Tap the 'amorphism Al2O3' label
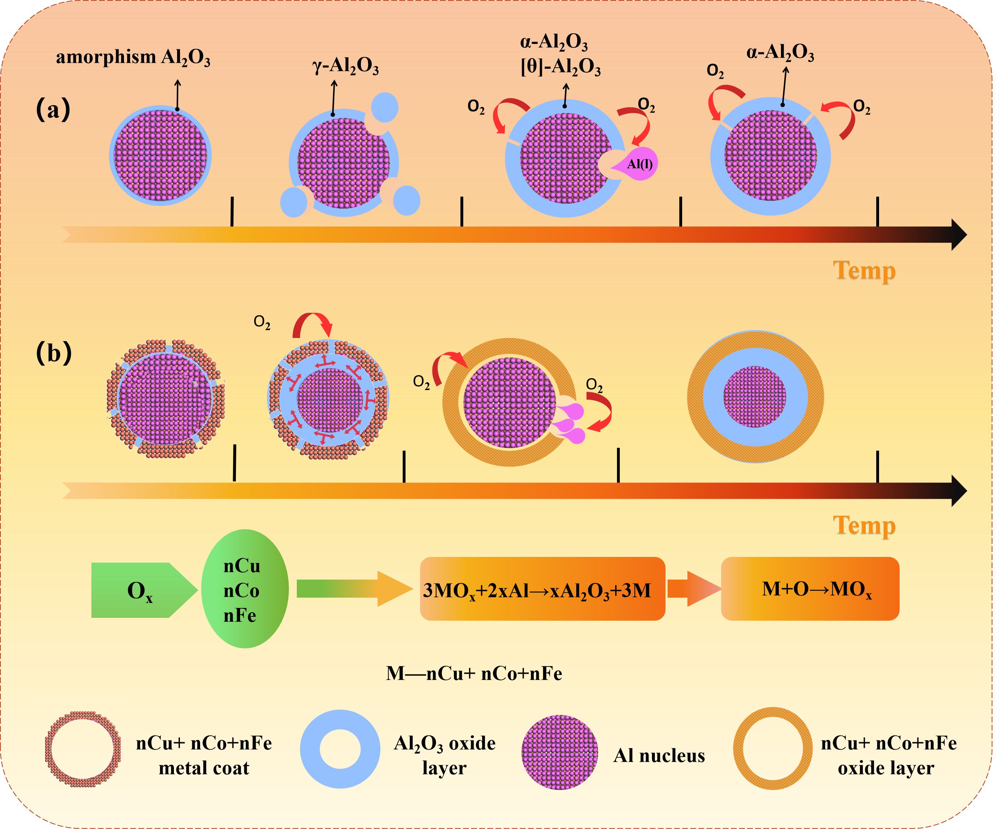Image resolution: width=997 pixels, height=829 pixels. (x=133, y=57)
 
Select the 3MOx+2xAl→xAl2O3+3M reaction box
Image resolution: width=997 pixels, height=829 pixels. (x=542, y=589)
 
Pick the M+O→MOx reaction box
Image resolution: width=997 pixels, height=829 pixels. (x=810, y=589)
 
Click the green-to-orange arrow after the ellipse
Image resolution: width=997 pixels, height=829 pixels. (x=354, y=589)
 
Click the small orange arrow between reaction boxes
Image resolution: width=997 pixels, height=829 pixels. (x=693, y=589)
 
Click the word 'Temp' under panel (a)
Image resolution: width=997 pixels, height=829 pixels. (x=864, y=271)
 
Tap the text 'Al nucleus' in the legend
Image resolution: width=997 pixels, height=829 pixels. (x=659, y=755)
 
